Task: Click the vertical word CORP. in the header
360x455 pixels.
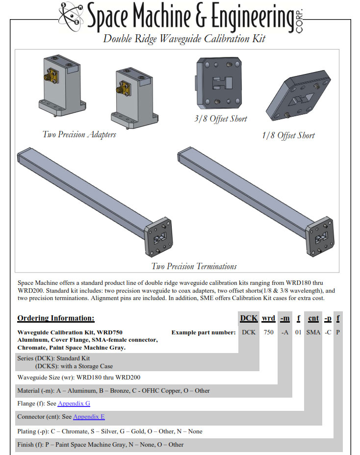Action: click(x=300, y=19)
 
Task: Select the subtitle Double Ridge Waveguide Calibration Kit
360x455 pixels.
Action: click(x=184, y=39)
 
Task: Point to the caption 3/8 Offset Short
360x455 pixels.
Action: click(x=221, y=119)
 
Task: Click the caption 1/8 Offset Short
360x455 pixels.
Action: click(x=288, y=135)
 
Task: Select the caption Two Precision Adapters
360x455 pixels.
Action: click(x=79, y=134)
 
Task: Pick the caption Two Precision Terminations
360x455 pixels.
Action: click(x=194, y=266)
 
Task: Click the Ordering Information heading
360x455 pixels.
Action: click(x=55, y=319)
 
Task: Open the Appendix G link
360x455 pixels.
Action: click(x=74, y=404)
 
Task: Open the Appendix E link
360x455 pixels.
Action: click(x=89, y=417)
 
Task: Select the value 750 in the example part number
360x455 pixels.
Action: click(x=268, y=332)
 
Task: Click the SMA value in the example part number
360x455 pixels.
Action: click(x=313, y=332)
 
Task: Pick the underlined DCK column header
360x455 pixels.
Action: click(x=249, y=319)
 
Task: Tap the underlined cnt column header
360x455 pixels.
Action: click(x=313, y=319)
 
